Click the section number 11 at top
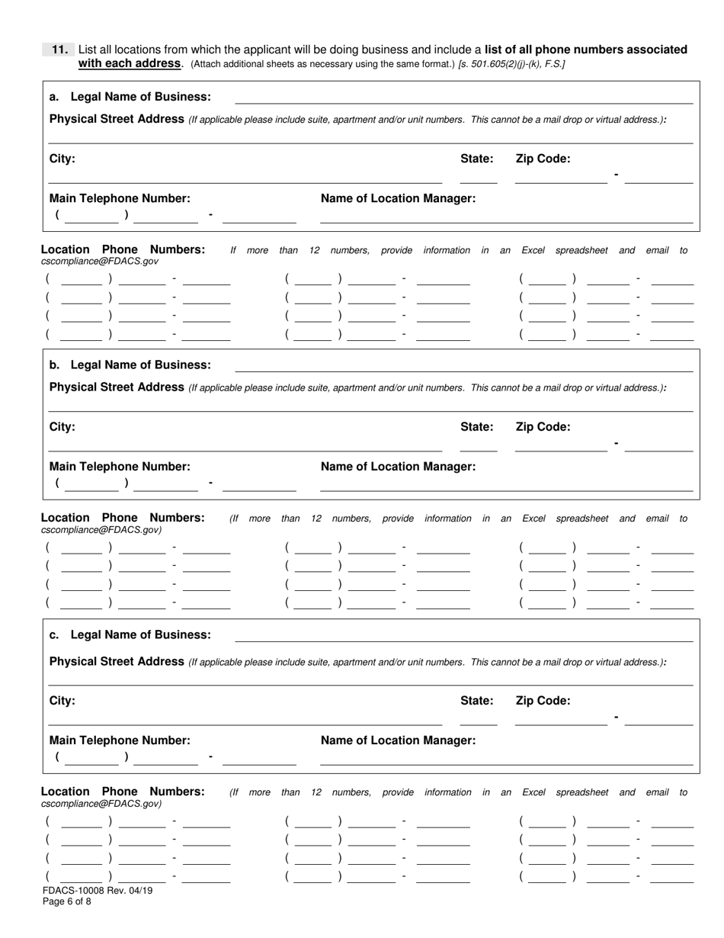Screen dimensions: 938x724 click(60, 50)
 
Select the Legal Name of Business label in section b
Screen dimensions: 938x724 click(130, 365)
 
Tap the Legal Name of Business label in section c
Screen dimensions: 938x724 click(130, 634)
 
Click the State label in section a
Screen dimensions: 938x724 click(476, 159)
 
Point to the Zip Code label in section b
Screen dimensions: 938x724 click(543, 427)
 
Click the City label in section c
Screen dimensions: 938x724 click(62, 701)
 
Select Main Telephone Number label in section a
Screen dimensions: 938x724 click(120, 198)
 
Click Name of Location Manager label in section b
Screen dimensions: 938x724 click(398, 467)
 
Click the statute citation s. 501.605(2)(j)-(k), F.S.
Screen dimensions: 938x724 click(511, 64)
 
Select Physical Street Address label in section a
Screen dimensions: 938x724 click(117, 119)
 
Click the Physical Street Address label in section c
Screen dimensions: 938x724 click(117, 662)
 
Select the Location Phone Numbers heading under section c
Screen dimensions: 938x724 click(123, 792)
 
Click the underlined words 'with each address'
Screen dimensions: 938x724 click(130, 63)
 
